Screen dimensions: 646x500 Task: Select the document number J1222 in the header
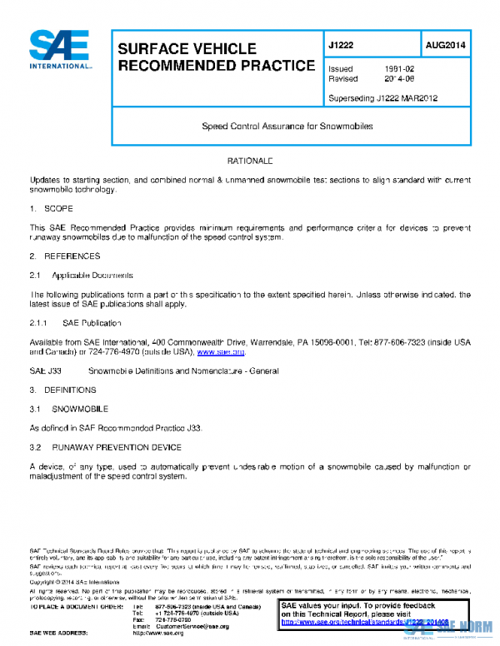[343, 45]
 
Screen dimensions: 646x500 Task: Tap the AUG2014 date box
[445, 45]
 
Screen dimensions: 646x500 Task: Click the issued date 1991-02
[397, 68]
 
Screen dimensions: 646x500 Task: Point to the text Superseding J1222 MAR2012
[384, 98]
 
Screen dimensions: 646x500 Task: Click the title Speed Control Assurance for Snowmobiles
[287, 127]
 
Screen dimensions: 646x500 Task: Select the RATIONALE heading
[250, 160]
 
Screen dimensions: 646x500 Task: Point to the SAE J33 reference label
[42, 370]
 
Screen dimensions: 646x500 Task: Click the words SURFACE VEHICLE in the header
[187, 49]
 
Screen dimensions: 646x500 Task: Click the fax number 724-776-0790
[173, 619]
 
